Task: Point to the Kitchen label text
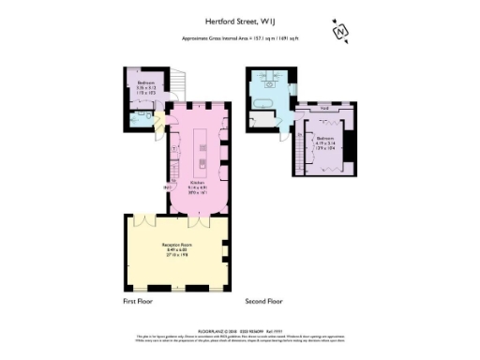(x=198, y=184)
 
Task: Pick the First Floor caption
(x=137, y=302)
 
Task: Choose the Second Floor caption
(x=264, y=302)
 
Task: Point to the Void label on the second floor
(x=323, y=108)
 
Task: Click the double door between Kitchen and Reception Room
(x=198, y=221)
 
